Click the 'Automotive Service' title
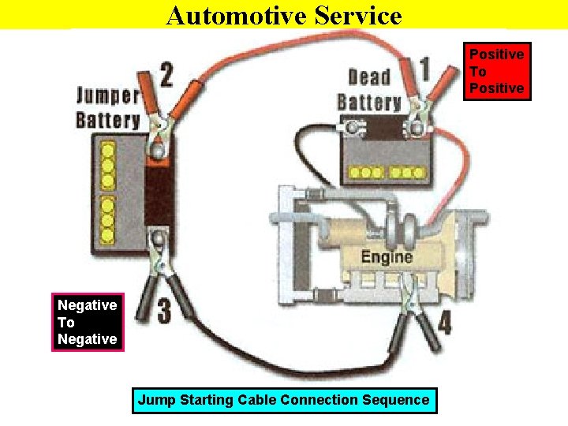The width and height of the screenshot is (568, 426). point(284,15)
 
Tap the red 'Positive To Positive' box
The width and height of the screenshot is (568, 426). point(496,71)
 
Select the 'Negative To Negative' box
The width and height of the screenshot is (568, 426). point(88,322)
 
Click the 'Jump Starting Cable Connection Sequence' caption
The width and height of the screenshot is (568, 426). point(283,400)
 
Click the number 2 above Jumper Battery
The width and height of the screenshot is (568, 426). point(166,76)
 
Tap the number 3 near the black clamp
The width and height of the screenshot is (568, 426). point(163,310)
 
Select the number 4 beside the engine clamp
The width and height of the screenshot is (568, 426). point(445,323)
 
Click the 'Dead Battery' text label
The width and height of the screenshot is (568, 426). point(369,89)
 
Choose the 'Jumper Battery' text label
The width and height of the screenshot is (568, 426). point(107,108)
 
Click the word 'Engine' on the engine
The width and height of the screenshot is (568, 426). point(387,257)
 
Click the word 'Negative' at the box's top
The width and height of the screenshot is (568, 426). point(88,305)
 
